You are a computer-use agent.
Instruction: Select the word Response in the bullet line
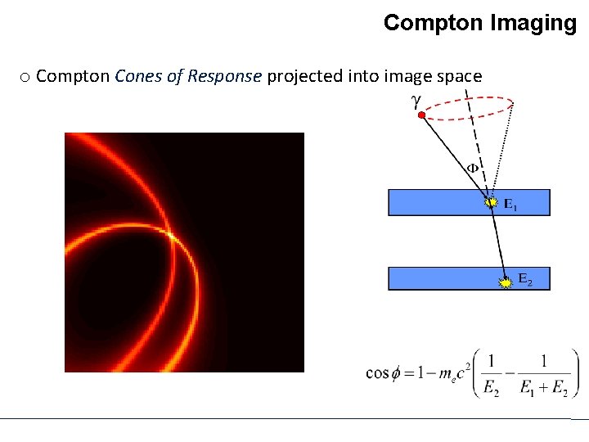tap(226, 76)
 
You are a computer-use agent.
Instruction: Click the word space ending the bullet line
tap(458, 76)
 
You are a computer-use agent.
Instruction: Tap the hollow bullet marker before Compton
tap(25, 77)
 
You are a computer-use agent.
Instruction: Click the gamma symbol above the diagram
tap(416, 101)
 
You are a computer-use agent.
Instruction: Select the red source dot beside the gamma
tap(420, 115)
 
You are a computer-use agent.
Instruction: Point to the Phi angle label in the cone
tap(472, 168)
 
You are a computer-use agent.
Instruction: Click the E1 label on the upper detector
tap(510, 205)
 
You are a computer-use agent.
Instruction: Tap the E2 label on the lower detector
tap(524, 281)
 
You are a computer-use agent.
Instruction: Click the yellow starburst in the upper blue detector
tap(491, 201)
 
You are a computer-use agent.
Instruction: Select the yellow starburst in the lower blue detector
tap(506, 282)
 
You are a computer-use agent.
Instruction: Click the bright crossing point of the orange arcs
tap(170, 236)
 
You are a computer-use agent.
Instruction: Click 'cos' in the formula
tap(377, 373)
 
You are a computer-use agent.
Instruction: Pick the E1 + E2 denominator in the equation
tap(543, 389)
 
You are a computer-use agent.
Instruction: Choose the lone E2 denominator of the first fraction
tap(491, 389)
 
